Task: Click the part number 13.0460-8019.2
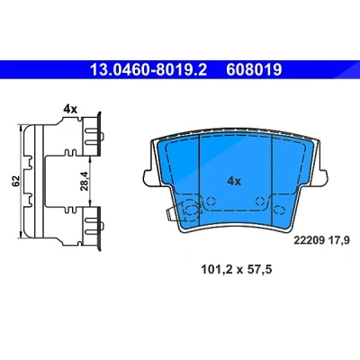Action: pyautogui.click(x=148, y=70)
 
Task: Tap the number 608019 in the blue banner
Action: pyautogui.click(x=254, y=70)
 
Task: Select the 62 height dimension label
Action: pyautogui.click(x=15, y=181)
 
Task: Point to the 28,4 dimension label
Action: pyautogui.click(x=85, y=181)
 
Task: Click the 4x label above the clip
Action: pyautogui.click(x=70, y=109)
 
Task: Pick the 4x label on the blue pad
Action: pyautogui.click(x=234, y=181)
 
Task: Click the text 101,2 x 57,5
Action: pyautogui.click(x=237, y=269)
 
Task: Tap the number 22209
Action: pyautogui.click(x=310, y=240)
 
